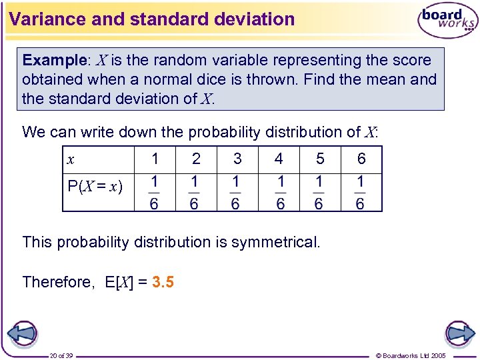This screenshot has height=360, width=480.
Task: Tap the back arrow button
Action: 22,333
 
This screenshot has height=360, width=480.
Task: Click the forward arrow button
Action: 459,333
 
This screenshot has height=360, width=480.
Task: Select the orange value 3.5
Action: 163,282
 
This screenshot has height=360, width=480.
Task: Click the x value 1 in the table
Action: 155,159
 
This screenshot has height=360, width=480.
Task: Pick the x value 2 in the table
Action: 196,159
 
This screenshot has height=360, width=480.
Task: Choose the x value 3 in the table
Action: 237,159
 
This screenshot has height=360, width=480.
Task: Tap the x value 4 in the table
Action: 279,159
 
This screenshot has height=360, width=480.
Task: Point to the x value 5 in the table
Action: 320,159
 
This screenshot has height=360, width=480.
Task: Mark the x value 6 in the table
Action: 361,159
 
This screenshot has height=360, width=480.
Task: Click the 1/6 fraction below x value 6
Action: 361,193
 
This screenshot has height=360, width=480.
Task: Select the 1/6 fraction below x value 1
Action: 154,193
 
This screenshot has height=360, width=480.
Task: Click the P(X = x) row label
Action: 95,186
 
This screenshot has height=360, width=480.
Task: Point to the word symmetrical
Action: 275,242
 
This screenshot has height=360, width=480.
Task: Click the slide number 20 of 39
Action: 61,355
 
